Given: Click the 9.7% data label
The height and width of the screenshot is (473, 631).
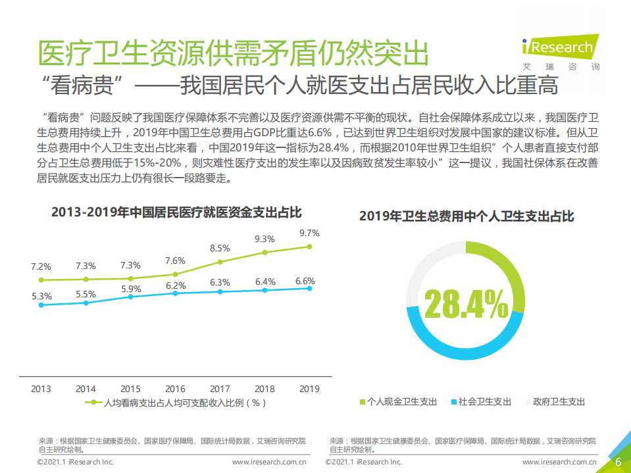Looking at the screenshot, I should [x=309, y=233].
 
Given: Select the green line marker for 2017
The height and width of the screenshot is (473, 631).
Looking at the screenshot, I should [x=220, y=262].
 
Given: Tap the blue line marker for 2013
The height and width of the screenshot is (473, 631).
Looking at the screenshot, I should [x=41, y=305].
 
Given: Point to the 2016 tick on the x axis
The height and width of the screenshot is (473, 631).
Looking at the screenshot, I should [x=175, y=389].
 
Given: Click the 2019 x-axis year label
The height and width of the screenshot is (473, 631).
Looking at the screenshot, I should [x=309, y=389].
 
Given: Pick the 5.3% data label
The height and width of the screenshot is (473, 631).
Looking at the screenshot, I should [x=41, y=296].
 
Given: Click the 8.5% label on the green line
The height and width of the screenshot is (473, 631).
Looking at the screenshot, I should [x=220, y=248].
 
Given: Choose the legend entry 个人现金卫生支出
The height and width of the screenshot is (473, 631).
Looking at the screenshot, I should [x=398, y=401].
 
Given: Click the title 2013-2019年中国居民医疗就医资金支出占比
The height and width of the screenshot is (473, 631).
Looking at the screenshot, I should [x=176, y=212].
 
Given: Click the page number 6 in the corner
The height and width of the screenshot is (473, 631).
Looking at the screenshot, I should [x=618, y=461].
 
